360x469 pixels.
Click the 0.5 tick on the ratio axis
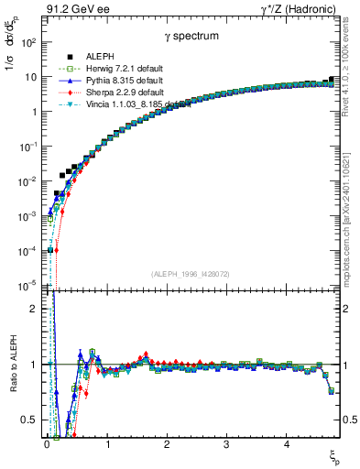31,420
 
